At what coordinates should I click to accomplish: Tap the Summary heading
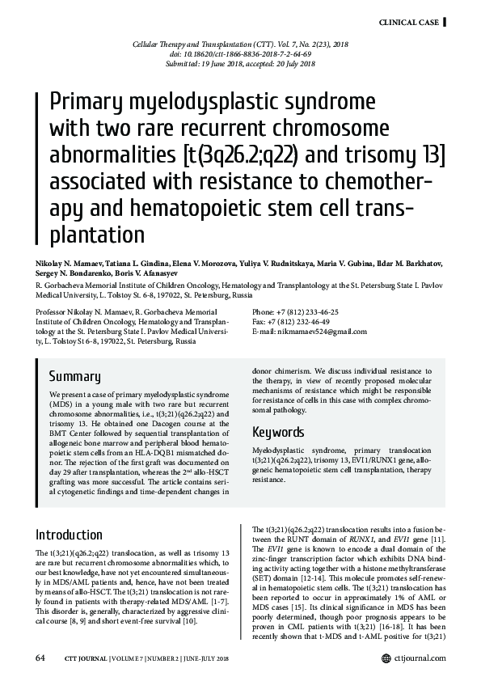[74, 375]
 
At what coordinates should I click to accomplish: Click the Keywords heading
[278, 431]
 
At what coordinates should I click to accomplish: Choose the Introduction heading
[69, 535]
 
